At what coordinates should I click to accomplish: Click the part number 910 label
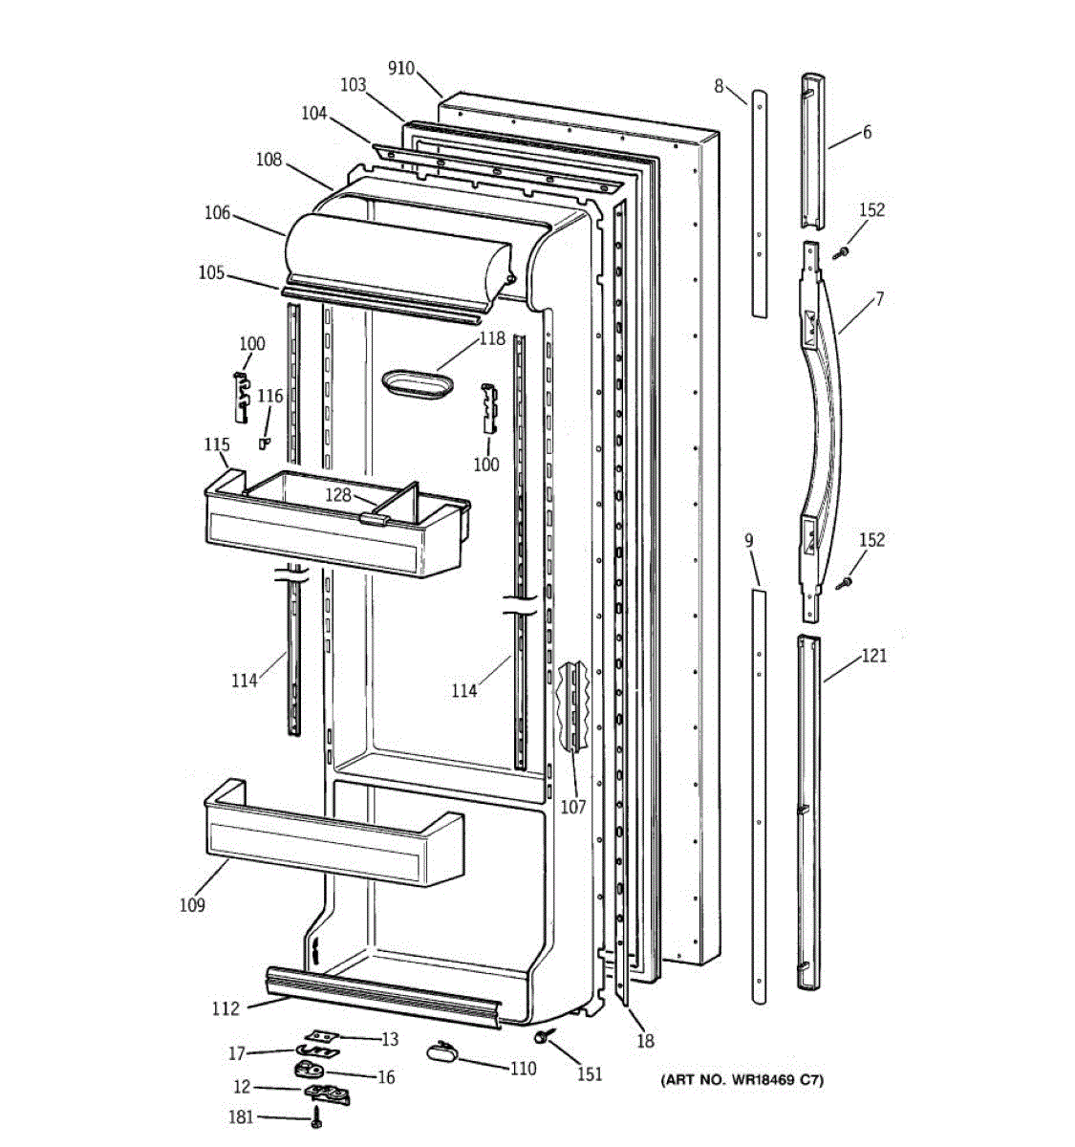401,68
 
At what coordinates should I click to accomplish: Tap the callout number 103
353,85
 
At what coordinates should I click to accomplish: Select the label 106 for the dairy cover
217,213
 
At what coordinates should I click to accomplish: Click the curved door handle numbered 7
824,421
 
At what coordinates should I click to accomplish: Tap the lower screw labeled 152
843,582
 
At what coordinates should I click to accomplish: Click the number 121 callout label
873,656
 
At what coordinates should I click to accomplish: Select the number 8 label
719,87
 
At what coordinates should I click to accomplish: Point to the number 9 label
748,541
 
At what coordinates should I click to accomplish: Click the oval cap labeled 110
441,1051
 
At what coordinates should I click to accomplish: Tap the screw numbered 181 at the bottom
316,1119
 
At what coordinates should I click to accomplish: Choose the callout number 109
191,904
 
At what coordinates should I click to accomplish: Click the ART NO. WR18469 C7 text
741,1081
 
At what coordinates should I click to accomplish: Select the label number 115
217,444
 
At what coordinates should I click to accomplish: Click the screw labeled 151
544,1036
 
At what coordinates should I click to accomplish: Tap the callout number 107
572,808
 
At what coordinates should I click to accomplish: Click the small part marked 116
265,442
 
